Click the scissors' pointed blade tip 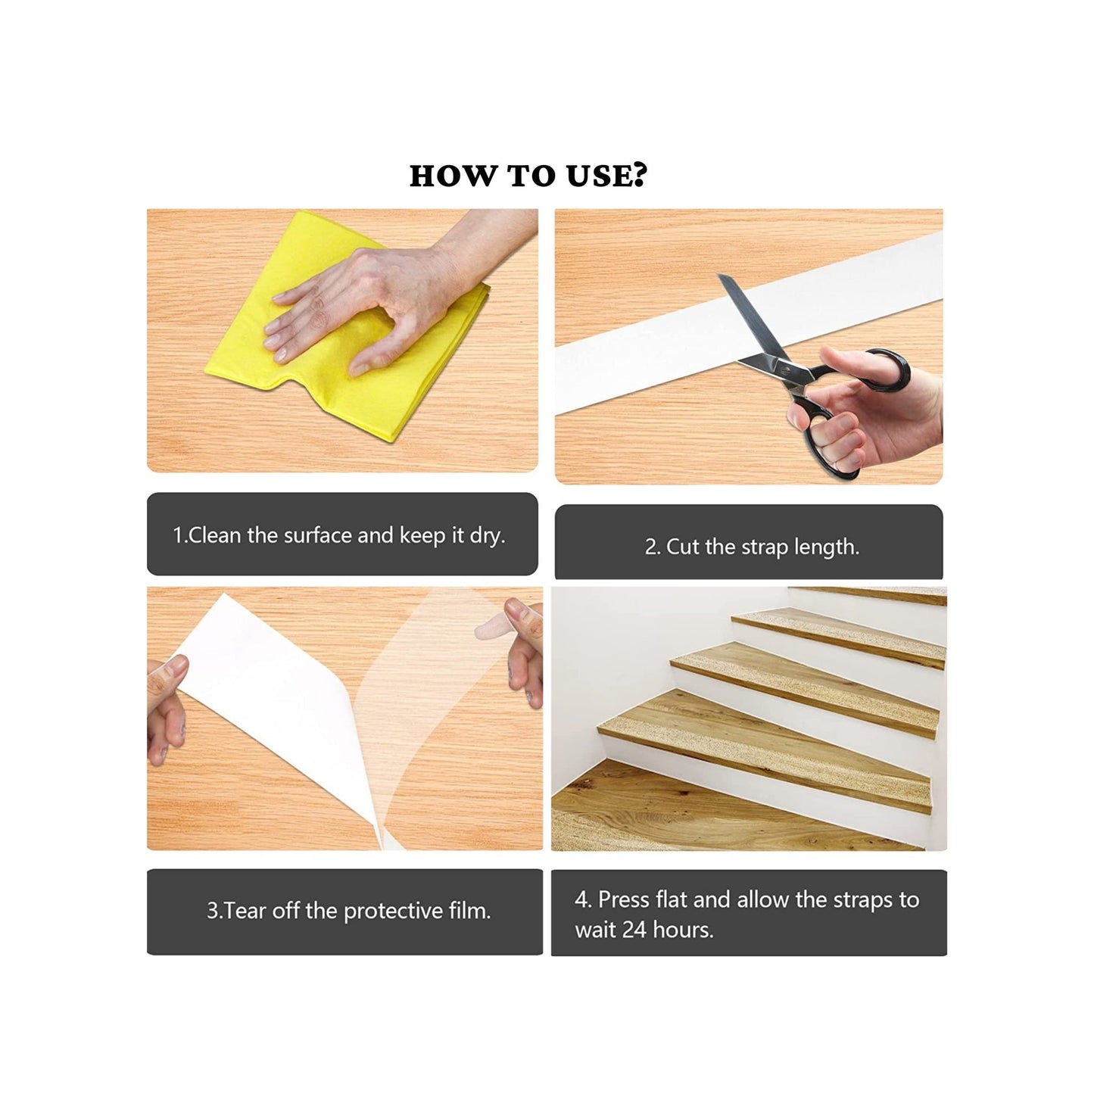[x=721, y=276]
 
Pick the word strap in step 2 [x=757, y=548]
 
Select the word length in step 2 [x=827, y=548]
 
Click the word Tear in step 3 [x=242, y=912]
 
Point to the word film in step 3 [x=469, y=911]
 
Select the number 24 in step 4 [x=634, y=930]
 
